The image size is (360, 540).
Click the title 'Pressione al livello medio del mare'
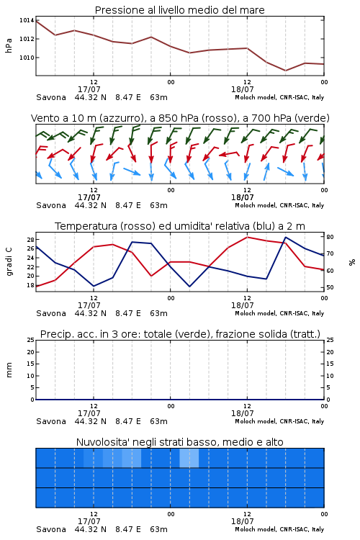coord(179,10)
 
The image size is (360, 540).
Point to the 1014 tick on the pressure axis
coord(27,20)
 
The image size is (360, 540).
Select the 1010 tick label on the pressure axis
coord(27,58)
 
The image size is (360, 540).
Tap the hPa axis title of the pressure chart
coord(9,45)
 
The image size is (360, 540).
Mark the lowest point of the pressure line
coord(285,71)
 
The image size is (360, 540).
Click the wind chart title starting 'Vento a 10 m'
coord(180,118)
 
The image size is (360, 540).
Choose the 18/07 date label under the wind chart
coord(243,197)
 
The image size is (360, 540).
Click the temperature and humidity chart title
coord(180,226)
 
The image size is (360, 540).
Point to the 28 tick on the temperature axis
coord(30,239)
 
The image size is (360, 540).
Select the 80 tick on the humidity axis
coord(330,237)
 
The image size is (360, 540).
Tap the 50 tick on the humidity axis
coord(330,287)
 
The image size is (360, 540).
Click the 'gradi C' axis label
coord(9,262)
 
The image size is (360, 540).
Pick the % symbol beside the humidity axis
coord(352,262)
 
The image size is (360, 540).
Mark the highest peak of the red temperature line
coord(247,237)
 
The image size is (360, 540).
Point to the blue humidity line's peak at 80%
coord(285,237)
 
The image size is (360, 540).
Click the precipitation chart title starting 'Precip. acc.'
coord(180,334)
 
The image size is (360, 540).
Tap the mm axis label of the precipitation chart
coord(9,370)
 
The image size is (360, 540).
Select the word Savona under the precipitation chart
coord(51,421)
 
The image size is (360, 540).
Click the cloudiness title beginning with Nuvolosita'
coord(180,442)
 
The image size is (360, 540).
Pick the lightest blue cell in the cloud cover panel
coord(189,458)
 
